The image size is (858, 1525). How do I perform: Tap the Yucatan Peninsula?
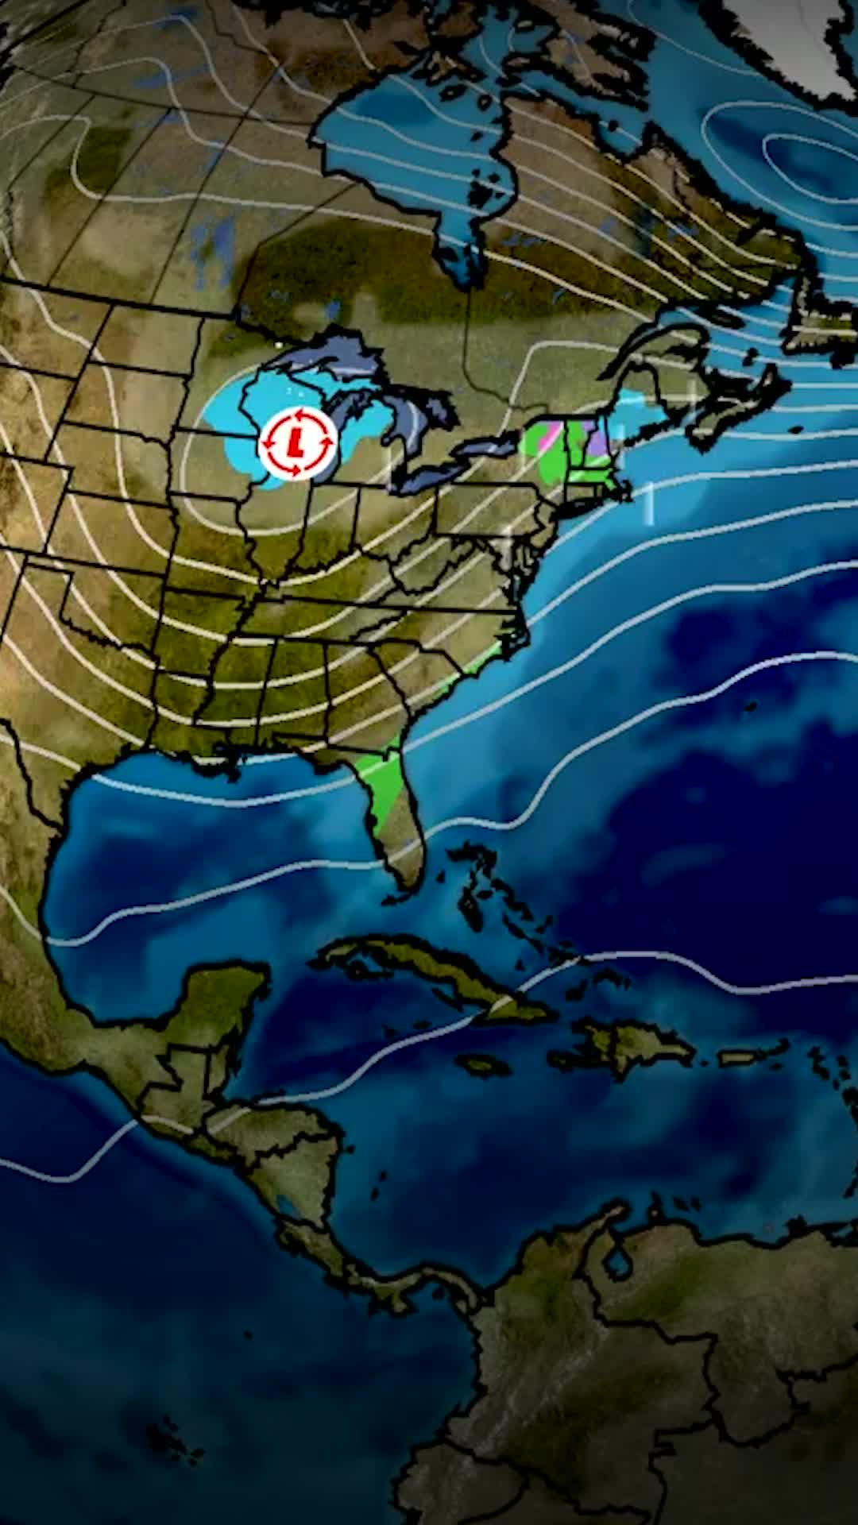[x=222, y=1001]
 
